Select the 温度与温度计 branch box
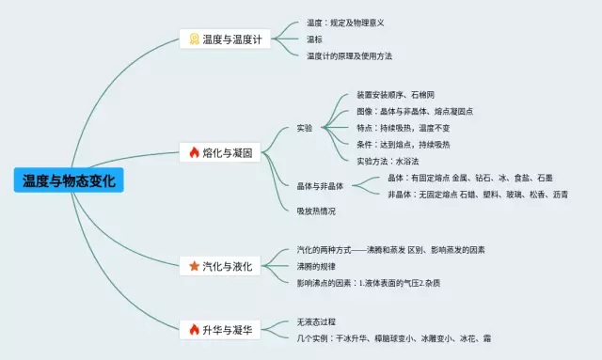226,39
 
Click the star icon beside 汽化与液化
194,266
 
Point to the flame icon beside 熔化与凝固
194,152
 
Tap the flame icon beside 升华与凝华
194,329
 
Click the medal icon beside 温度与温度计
194,39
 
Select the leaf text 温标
314,39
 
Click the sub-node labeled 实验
304,128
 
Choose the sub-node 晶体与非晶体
319,186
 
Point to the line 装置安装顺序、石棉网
395,95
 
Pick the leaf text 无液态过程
315,321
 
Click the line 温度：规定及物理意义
345,23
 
